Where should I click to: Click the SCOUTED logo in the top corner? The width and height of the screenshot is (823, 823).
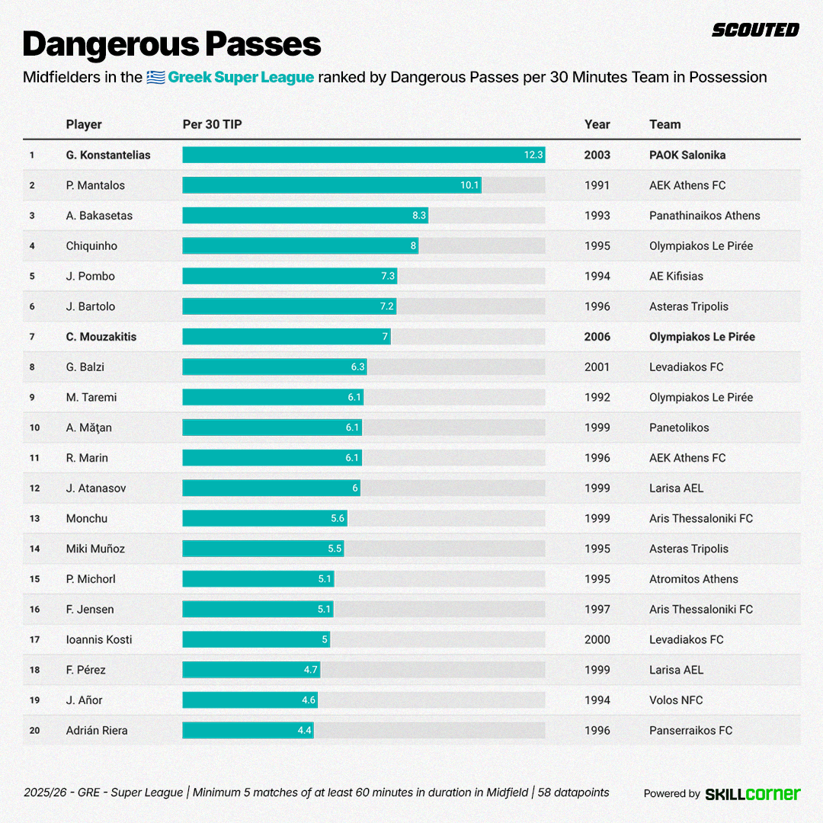click(x=755, y=30)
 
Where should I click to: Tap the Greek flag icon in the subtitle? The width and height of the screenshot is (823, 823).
click(x=155, y=77)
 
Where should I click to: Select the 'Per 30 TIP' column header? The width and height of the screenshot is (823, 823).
click(x=212, y=124)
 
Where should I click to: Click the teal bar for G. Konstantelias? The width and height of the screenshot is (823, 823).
click(x=363, y=155)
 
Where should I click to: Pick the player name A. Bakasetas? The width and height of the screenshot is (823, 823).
click(x=99, y=216)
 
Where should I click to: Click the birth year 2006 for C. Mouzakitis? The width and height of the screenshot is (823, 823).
click(x=597, y=337)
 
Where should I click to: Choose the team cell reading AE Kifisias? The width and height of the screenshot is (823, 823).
click(x=676, y=276)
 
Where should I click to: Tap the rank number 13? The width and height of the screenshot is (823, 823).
click(x=34, y=518)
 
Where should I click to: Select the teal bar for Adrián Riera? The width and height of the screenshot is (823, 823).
click(x=248, y=730)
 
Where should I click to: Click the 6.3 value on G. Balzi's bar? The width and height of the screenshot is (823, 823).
click(x=358, y=367)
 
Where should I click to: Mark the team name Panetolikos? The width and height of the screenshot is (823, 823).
click(x=679, y=428)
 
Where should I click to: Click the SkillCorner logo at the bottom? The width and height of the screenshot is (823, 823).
click(x=753, y=793)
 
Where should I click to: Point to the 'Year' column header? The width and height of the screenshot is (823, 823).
click(x=597, y=124)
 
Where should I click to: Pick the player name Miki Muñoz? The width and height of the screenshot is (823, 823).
click(x=95, y=549)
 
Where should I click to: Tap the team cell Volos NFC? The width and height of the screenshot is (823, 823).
click(x=676, y=700)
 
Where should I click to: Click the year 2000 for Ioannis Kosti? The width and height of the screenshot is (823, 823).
click(x=597, y=639)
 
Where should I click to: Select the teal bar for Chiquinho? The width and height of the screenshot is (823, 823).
click(x=300, y=245)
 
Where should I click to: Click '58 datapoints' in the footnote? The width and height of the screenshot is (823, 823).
click(x=573, y=793)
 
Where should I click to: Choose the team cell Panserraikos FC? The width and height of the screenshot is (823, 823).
click(x=690, y=730)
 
